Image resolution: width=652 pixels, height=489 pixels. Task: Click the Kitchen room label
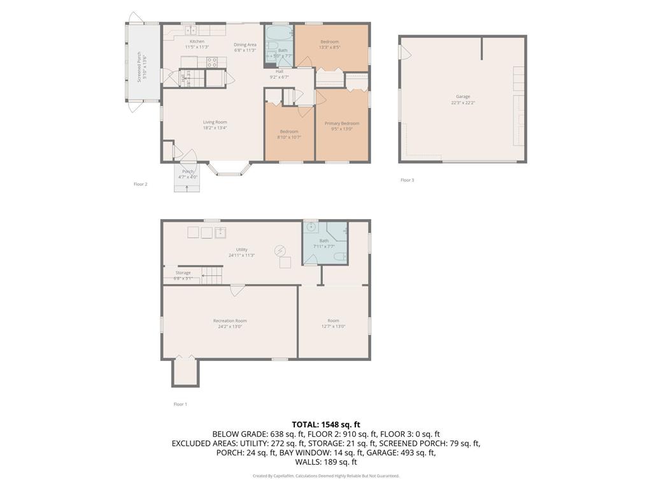pyautogui.click(x=197, y=41)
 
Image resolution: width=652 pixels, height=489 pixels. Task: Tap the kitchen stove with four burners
pyautogui.click(x=212, y=62)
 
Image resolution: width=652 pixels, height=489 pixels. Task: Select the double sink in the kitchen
pyautogui.click(x=190, y=30)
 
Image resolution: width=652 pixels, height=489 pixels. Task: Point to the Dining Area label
pyautogui.click(x=245, y=45)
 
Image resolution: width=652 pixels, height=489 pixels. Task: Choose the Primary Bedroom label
pyautogui.click(x=342, y=124)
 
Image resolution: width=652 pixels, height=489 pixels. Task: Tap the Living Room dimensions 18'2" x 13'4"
pyautogui.click(x=215, y=128)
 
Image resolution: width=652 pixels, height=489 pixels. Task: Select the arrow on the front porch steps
pyautogui.click(x=187, y=185)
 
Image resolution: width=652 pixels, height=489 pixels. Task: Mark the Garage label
pyautogui.click(x=463, y=97)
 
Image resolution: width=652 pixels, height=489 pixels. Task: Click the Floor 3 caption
pyautogui.click(x=407, y=180)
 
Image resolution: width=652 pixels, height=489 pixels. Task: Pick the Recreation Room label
pyautogui.click(x=230, y=321)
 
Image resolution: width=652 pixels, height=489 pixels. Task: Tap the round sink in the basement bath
pyautogui.click(x=311, y=227)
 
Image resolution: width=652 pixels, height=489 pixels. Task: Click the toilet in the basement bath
pyautogui.click(x=341, y=257)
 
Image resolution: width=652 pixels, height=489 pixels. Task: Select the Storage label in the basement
pyautogui.click(x=183, y=273)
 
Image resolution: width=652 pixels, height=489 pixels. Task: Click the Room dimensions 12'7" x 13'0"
pyautogui.click(x=333, y=327)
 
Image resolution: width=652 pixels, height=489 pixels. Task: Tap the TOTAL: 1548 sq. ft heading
pyautogui.click(x=326, y=424)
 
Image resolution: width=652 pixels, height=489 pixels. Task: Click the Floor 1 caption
pyautogui.click(x=180, y=404)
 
